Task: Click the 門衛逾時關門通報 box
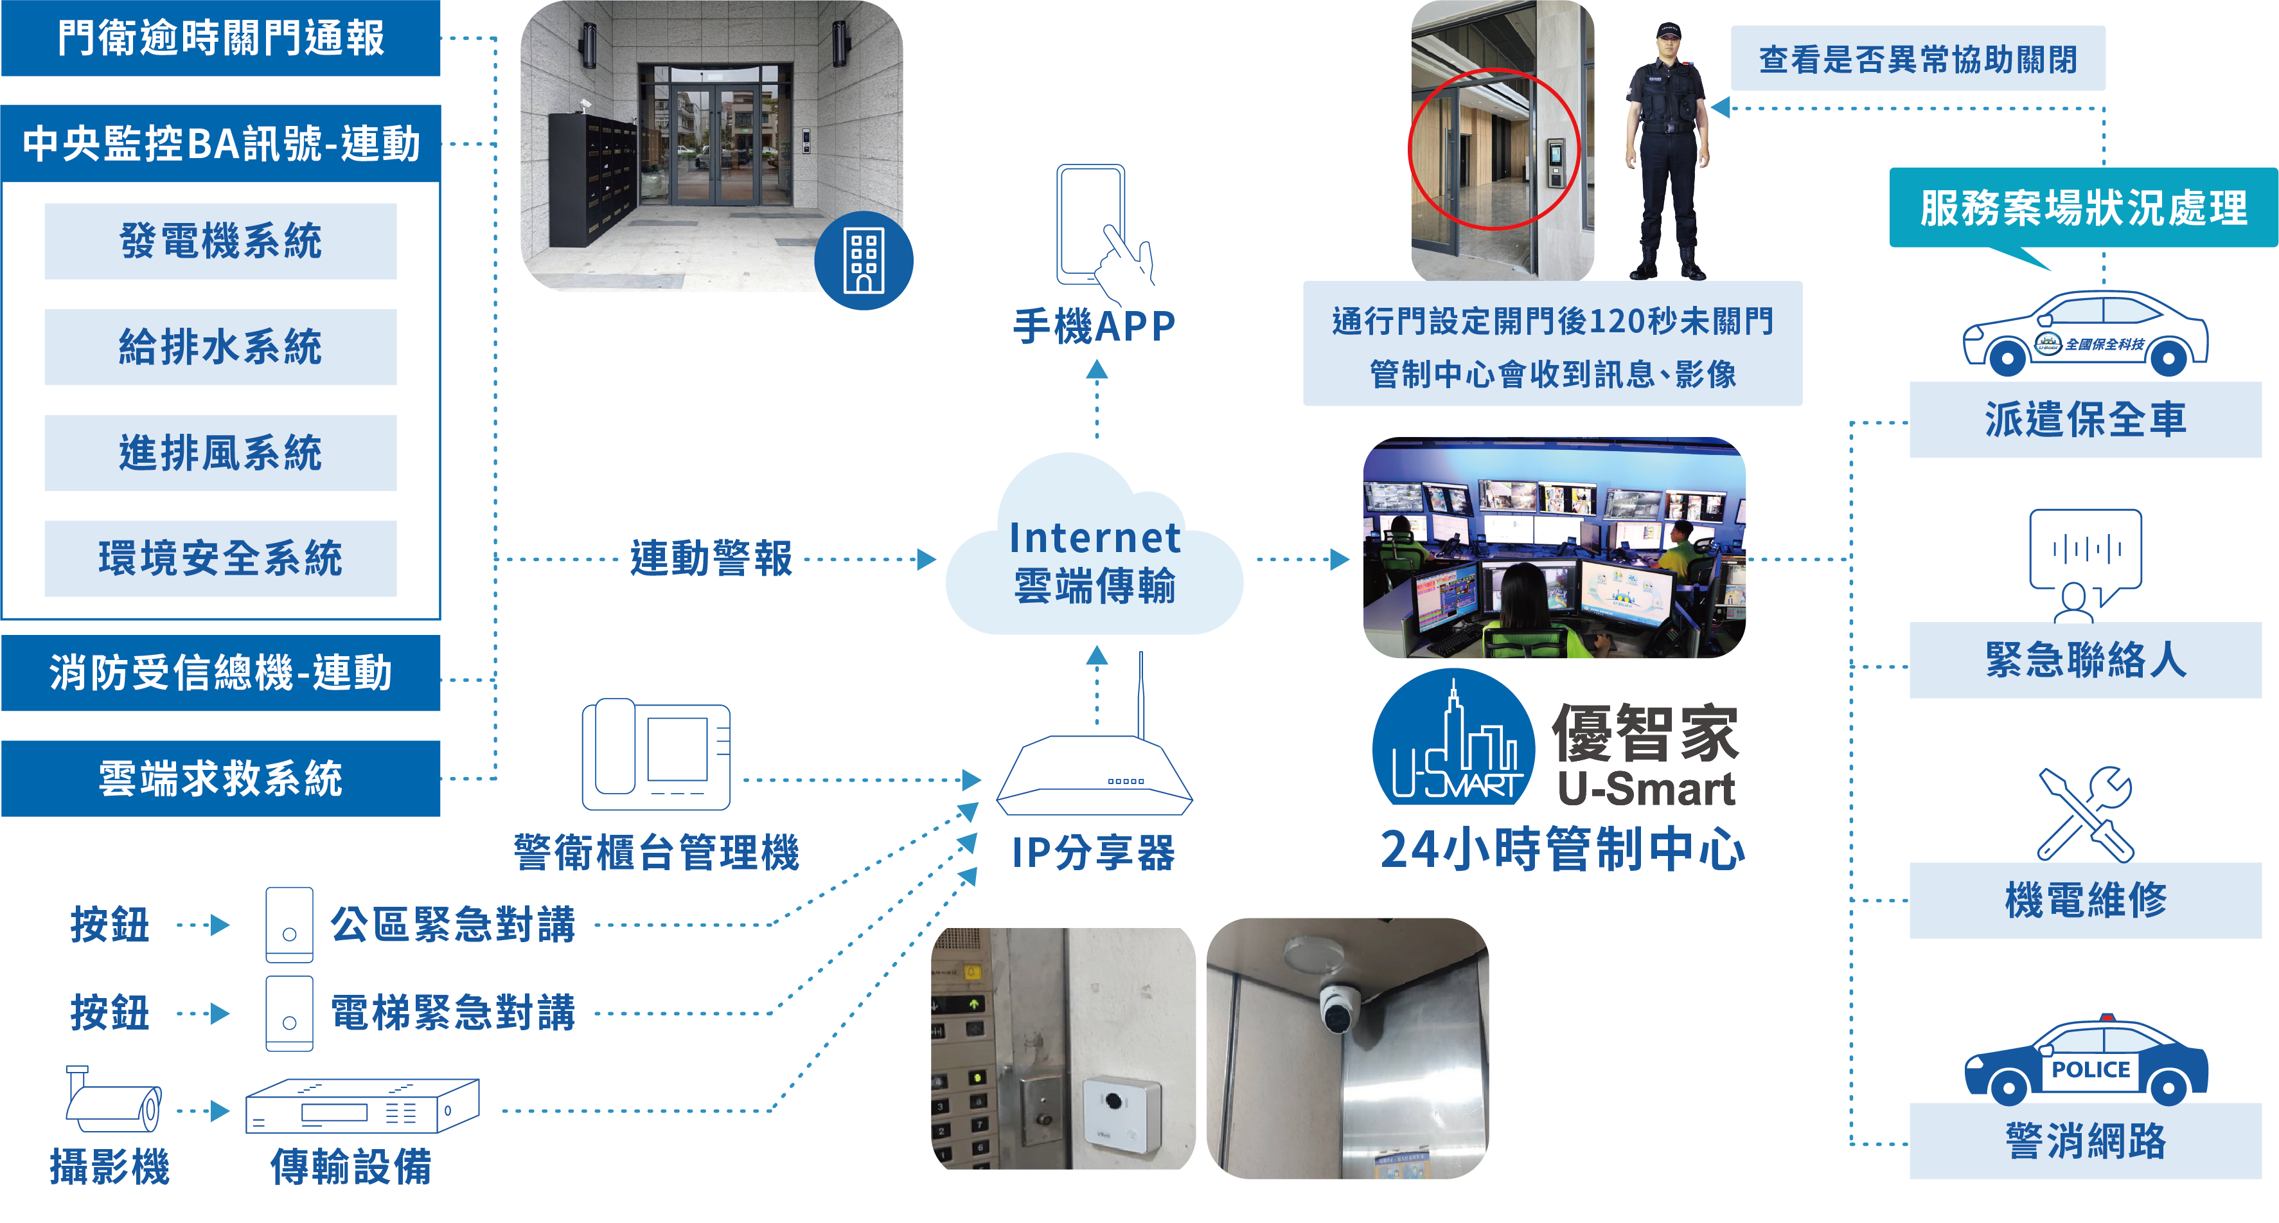point(220,38)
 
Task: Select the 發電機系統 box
point(220,241)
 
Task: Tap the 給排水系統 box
point(220,347)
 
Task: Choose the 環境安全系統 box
point(220,558)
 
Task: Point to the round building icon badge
point(864,261)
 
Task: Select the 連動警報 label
point(711,558)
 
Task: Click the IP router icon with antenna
point(1095,770)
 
